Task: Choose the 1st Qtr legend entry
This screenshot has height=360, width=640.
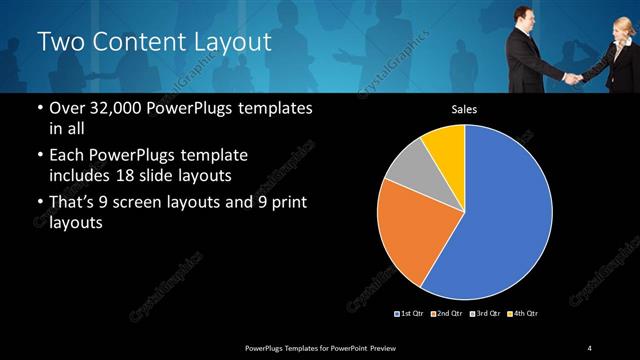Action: pyautogui.click(x=410, y=314)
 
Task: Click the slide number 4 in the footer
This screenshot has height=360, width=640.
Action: pyautogui.click(x=590, y=347)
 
